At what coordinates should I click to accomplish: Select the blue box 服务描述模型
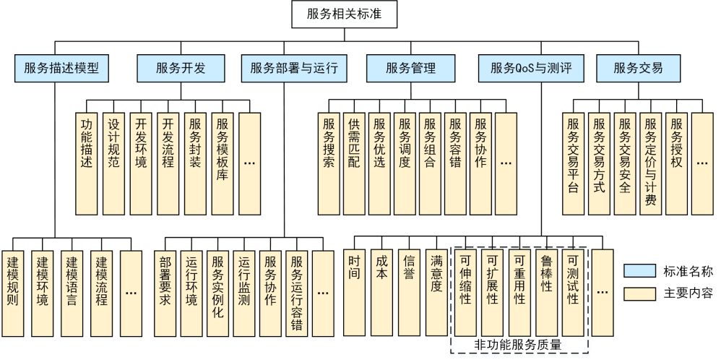point(60,69)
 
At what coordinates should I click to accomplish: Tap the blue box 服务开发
point(181,69)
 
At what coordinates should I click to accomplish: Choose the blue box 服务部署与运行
point(294,69)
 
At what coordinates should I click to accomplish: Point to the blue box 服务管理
point(410,69)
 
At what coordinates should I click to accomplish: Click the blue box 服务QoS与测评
point(530,69)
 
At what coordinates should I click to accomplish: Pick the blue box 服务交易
point(638,69)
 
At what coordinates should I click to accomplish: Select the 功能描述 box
point(87,163)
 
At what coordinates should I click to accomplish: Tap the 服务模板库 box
point(223,163)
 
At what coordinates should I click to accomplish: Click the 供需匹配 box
point(354,163)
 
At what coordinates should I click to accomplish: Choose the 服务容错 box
point(455,163)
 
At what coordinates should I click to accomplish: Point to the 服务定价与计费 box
point(650,163)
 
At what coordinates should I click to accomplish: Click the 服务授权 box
point(676,163)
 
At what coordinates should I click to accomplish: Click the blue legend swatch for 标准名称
point(637,272)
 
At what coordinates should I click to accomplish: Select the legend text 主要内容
point(688,293)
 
